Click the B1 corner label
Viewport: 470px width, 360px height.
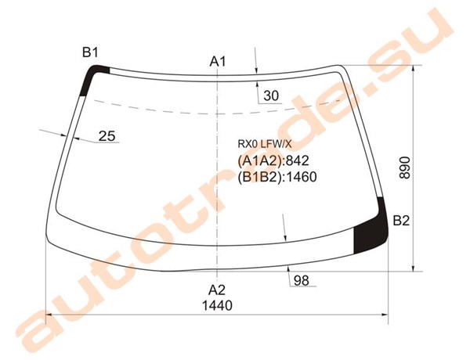coord(90,52)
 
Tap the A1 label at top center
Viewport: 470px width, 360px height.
coord(217,61)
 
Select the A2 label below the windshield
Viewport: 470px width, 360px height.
coord(217,290)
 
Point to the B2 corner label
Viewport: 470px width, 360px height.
coord(401,221)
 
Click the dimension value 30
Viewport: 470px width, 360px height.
coord(271,95)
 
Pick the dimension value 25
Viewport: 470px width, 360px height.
coord(107,136)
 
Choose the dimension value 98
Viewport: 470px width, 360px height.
coord(302,281)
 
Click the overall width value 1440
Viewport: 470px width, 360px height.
coord(217,306)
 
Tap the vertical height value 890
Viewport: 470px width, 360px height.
coord(405,167)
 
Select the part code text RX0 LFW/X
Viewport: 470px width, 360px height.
coord(265,144)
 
